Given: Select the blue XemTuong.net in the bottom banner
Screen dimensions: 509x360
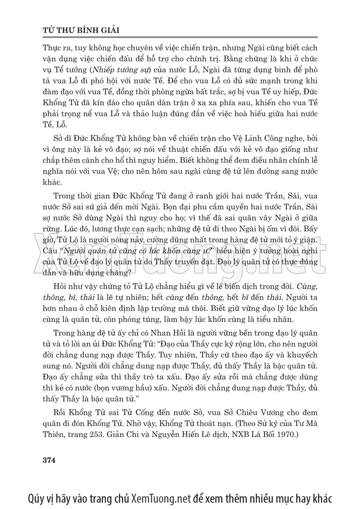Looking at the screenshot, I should point(161,497).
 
